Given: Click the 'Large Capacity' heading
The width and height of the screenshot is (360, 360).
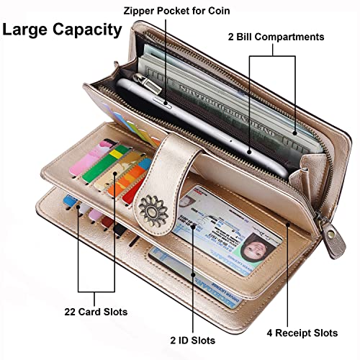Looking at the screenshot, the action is [x=62, y=30].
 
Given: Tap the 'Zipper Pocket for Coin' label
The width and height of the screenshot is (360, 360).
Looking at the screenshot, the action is [x=176, y=11].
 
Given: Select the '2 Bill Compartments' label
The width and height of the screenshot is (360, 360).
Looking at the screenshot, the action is [x=276, y=37].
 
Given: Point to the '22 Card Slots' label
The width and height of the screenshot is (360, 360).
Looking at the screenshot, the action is [x=96, y=312].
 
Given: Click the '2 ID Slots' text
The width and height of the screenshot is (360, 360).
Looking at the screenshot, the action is [x=193, y=341].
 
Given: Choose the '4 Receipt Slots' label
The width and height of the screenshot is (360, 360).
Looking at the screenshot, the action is [x=302, y=333].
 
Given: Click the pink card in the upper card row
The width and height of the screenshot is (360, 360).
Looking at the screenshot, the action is [x=91, y=157].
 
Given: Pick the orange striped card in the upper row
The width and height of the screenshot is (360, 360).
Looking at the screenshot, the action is [x=130, y=178].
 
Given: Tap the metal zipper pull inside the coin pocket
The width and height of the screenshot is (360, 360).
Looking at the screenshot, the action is [x=148, y=84].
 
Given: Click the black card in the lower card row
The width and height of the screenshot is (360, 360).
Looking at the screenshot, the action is [x=120, y=230].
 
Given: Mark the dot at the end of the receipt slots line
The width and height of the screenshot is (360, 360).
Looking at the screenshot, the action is [x=288, y=225].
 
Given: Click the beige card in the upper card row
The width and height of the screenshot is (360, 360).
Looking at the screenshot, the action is [x=117, y=171].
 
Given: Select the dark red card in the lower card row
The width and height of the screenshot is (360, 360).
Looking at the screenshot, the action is [x=107, y=222].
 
